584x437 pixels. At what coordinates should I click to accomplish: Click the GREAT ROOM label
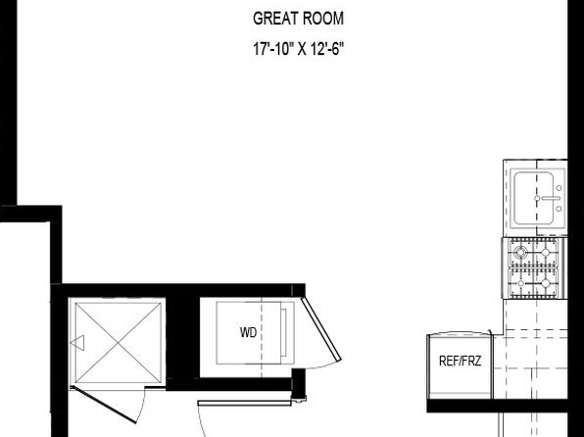click(x=298, y=18)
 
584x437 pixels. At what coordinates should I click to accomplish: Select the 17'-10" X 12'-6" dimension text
click(x=298, y=47)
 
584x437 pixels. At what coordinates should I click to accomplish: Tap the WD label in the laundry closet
click(x=248, y=332)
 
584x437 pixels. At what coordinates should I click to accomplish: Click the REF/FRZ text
click(x=459, y=361)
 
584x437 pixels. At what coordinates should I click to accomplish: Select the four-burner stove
click(x=535, y=268)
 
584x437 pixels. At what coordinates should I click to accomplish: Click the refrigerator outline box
click(x=459, y=364)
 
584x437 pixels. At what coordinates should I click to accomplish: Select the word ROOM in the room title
click(x=323, y=18)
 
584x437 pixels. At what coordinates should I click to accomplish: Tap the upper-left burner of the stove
click(x=521, y=253)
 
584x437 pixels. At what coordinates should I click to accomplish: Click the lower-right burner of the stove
click(x=550, y=284)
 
